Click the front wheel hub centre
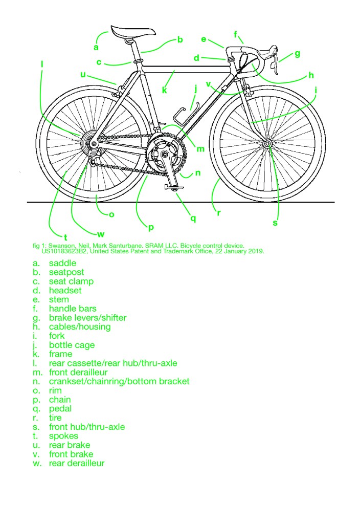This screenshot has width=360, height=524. pyautogui.click(x=267, y=145)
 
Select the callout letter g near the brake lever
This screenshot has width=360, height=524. pyautogui.click(x=297, y=54)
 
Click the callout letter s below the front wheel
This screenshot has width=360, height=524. pyautogui.click(x=275, y=223)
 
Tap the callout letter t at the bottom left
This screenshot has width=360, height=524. pyautogui.click(x=65, y=237)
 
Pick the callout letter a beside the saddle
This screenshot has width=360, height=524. pyautogui.click(x=96, y=47)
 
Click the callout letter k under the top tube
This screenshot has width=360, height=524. pyautogui.click(x=165, y=91)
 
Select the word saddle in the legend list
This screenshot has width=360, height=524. pyautogui.click(x=62, y=263)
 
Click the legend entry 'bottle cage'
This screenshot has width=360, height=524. pyautogui.click(x=72, y=345)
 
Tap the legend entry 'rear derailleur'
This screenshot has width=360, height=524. pyautogui.click(x=77, y=463)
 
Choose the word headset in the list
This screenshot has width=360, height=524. pyautogui.click(x=65, y=290)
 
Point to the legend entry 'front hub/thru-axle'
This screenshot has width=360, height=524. pyautogui.click(x=86, y=427)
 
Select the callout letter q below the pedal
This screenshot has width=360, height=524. pyautogui.click(x=193, y=219)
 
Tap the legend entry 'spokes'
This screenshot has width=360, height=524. pyautogui.click(x=63, y=436)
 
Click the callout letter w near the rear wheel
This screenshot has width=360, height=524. pyautogui.click(x=101, y=234)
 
